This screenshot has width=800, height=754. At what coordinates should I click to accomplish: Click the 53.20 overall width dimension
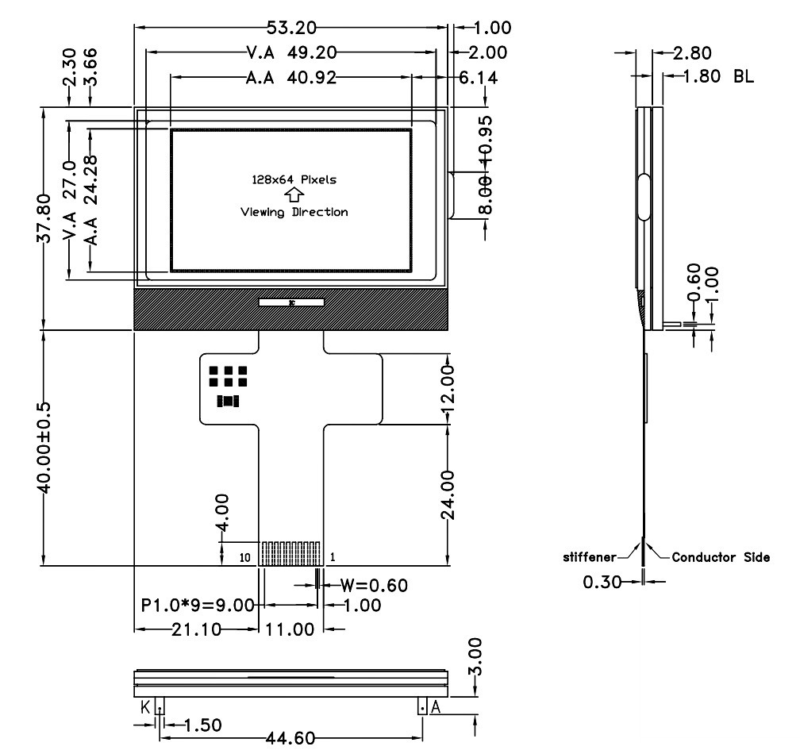click(291, 28)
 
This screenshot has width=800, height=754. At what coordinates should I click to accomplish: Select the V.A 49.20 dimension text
click(291, 52)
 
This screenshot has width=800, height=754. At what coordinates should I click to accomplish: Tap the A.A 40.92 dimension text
click(291, 78)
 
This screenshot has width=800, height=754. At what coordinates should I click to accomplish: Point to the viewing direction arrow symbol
click(294, 195)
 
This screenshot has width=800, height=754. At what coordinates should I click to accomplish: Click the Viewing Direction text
click(294, 212)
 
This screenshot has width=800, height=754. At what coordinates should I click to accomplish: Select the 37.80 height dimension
click(44, 218)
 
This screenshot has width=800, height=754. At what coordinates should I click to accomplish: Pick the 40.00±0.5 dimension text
click(44, 448)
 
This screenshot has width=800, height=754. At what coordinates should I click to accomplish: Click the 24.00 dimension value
click(448, 494)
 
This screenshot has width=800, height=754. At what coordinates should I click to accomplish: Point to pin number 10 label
click(245, 557)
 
